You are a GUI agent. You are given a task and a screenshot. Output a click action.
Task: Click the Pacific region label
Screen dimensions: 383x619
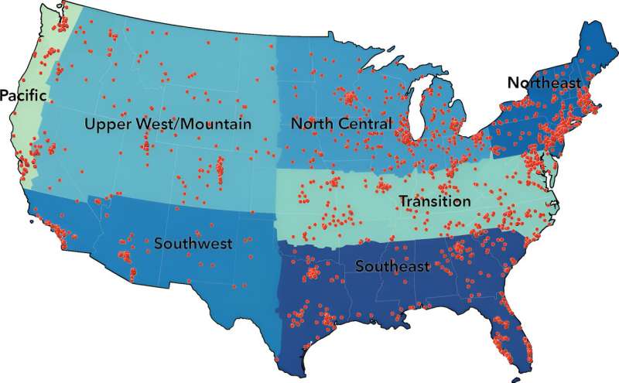23,95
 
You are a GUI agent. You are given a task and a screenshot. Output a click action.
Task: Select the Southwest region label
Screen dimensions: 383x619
193,244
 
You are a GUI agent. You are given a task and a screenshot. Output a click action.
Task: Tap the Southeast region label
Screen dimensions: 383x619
392,267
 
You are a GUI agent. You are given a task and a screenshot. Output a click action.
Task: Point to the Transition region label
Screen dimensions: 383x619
434,201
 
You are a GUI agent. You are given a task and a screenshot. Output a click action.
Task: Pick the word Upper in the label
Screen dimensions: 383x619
105,124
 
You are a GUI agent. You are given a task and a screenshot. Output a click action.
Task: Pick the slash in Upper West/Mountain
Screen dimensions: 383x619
175,124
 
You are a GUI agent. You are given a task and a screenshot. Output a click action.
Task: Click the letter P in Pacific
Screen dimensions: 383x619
5,95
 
